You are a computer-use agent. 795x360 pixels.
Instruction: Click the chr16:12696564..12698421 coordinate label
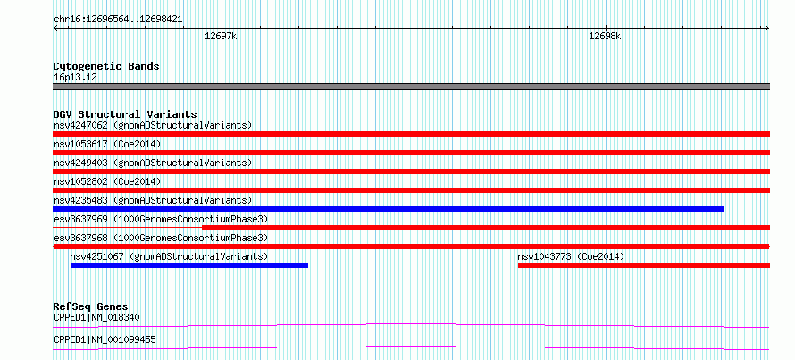pyautogui.click(x=118, y=20)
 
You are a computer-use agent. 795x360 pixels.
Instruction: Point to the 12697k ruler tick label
pyautogui.click(x=221, y=37)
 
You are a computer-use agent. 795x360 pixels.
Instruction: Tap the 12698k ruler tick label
pyautogui.click(x=605, y=37)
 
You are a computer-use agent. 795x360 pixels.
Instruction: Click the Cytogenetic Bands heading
pyautogui.click(x=106, y=66)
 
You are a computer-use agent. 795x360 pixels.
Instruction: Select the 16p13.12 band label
pyautogui.click(x=75, y=78)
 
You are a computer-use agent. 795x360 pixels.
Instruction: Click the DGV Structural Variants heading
pyautogui.click(x=125, y=114)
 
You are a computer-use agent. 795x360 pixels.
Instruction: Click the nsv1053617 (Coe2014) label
pyautogui.click(x=107, y=144)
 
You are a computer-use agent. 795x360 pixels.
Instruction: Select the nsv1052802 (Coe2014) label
pyautogui.click(x=107, y=181)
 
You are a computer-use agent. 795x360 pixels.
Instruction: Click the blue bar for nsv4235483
pyautogui.click(x=389, y=209)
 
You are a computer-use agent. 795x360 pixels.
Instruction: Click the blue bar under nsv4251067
pyautogui.click(x=189, y=265)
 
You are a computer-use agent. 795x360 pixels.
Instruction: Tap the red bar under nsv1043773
pyautogui.click(x=644, y=265)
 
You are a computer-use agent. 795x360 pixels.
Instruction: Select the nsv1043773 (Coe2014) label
pyautogui.click(x=571, y=256)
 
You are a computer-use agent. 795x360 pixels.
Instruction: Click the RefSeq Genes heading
pyautogui.click(x=90, y=306)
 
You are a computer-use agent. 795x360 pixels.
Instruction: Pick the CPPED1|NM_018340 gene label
pyautogui.click(x=96, y=317)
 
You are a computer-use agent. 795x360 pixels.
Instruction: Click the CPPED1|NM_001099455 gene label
pyautogui.click(x=105, y=339)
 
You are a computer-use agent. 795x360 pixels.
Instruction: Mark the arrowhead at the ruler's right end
pyautogui.click(x=768, y=28)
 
